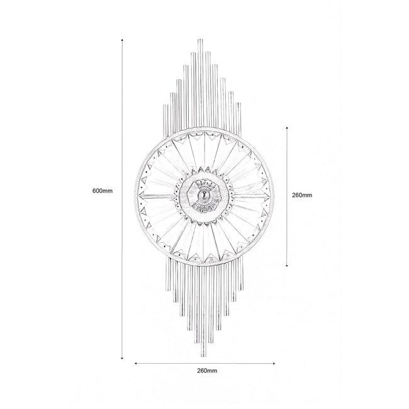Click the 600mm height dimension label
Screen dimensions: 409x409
click(x=103, y=191)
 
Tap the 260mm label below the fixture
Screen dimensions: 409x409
click(x=207, y=371)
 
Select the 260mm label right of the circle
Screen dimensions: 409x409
click(x=302, y=195)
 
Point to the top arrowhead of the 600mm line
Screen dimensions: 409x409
click(x=122, y=40)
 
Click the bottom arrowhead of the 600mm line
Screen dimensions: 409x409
click(x=122, y=358)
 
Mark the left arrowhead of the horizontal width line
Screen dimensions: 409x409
click(x=135, y=363)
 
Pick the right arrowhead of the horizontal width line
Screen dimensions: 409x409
click(x=274, y=363)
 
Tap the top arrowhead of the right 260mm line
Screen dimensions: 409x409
click(x=287, y=128)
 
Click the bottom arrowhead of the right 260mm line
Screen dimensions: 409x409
click(x=287, y=266)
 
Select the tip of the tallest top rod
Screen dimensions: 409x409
click(x=200, y=40)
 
